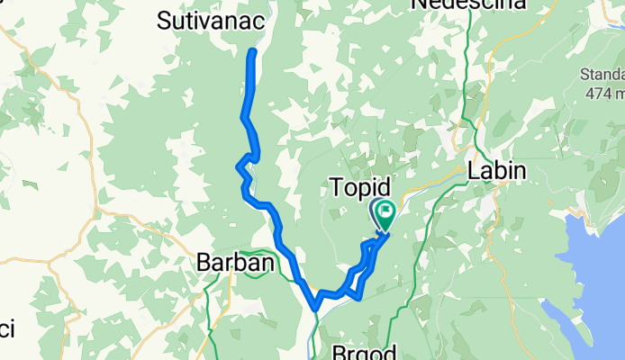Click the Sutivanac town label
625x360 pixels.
click(209, 20)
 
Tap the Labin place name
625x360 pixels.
click(496, 170)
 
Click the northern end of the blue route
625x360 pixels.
click(253, 52)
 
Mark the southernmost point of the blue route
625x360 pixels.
click(314, 309)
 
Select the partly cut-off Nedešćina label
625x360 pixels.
click(468, 4)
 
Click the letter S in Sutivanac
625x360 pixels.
click(165, 20)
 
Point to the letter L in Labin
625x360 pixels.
click(473, 170)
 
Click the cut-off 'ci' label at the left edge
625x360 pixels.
click(6, 329)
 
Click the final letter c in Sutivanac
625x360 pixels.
click(255, 20)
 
